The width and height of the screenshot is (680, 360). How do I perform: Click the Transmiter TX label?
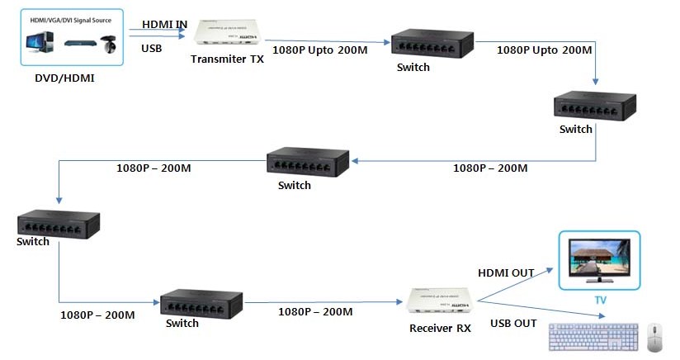[228, 59]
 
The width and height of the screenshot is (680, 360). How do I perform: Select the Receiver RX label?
[440, 328]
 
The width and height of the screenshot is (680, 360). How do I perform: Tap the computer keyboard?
[594, 337]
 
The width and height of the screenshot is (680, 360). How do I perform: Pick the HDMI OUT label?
[506, 272]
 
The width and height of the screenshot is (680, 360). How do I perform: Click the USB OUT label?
[513, 323]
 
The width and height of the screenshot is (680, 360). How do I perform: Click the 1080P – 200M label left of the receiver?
[315, 311]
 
